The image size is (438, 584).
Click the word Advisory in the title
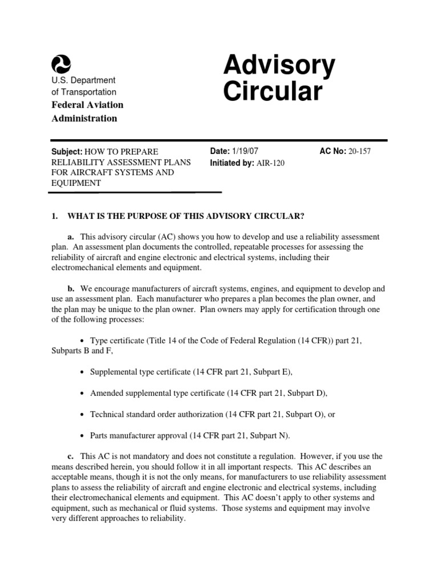pyautogui.click(x=279, y=66)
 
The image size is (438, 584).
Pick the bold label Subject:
pyautogui.click(x=67, y=151)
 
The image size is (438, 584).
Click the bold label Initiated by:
pyautogui.click(x=233, y=162)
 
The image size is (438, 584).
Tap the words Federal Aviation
pyautogui.click(x=87, y=105)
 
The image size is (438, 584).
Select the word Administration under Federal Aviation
pyautogui.click(x=84, y=119)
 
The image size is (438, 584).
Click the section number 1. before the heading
pyautogui.click(x=55, y=216)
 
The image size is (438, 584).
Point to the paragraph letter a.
pyautogui.click(x=71, y=237)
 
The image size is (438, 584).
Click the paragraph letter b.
pyautogui.click(x=71, y=289)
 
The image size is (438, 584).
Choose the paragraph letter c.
pyautogui.click(x=71, y=456)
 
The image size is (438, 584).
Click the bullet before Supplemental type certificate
pyautogui.click(x=83, y=372)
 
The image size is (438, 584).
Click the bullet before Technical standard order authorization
pyautogui.click(x=83, y=415)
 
